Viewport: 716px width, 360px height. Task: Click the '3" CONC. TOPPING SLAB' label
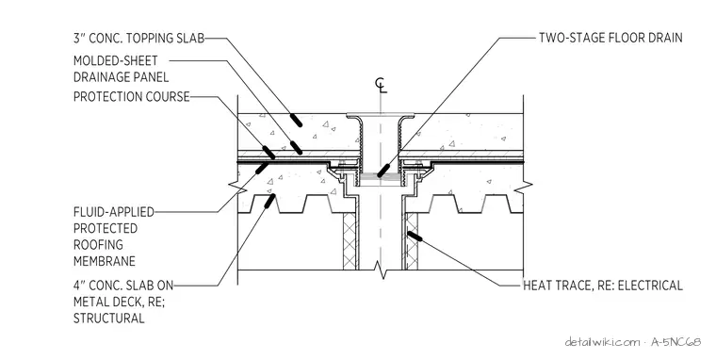tap(138, 38)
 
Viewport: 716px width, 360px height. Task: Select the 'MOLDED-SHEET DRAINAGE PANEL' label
tap(121, 69)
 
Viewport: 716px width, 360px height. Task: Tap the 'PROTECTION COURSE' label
tap(132, 97)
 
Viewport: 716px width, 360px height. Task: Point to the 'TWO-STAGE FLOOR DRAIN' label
tap(610, 38)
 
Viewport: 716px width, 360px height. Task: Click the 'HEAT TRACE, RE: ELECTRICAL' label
tap(603, 286)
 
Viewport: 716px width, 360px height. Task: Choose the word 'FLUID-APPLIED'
tap(114, 212)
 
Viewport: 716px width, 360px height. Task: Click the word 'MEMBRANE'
tap(105, 261)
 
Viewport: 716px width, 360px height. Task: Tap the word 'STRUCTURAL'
tap(109, 318)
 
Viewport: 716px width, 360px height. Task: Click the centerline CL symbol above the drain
tap(381, 86)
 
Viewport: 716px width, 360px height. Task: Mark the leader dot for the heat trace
tap(415, 237)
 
